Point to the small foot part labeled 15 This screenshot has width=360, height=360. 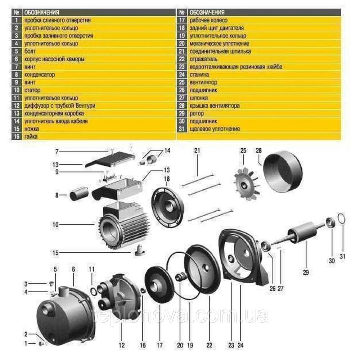(139, 251)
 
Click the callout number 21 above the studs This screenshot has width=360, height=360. (197, 151)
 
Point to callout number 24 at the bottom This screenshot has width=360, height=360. (240, 345)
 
